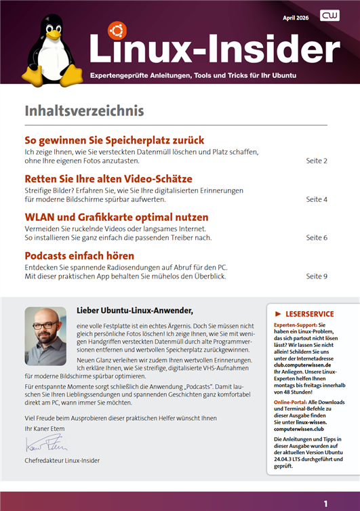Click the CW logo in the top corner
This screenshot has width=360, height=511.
pos(330,16)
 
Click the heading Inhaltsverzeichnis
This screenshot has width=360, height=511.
pos(84,110)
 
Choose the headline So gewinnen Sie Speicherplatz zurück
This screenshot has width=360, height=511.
pos(114,140)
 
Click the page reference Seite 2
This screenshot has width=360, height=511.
pos(317,161)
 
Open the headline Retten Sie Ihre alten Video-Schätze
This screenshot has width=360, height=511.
pos(108,179)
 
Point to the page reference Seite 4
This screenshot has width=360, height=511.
pos(317,200)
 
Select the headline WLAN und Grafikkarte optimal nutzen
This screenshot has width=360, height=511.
pos(116,218)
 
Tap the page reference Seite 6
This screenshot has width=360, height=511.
pos(317,238)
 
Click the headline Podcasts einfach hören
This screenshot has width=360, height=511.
pos(79,256)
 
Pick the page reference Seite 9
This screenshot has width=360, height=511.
pos(317,277)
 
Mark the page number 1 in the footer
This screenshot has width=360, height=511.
pos(325,504)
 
